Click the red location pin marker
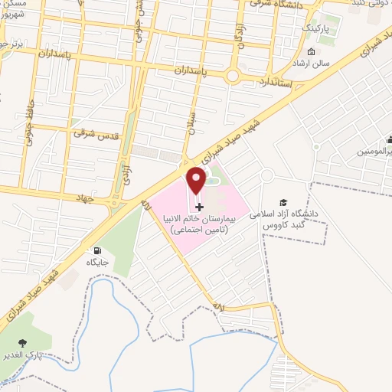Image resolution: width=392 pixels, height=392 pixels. (x=197, y=181)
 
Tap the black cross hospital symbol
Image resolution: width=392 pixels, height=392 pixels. (x=200, y=207)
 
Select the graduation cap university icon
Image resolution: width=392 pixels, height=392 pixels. (x=283, y=201)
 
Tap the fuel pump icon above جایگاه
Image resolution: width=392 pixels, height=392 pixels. (x=96, y=250)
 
